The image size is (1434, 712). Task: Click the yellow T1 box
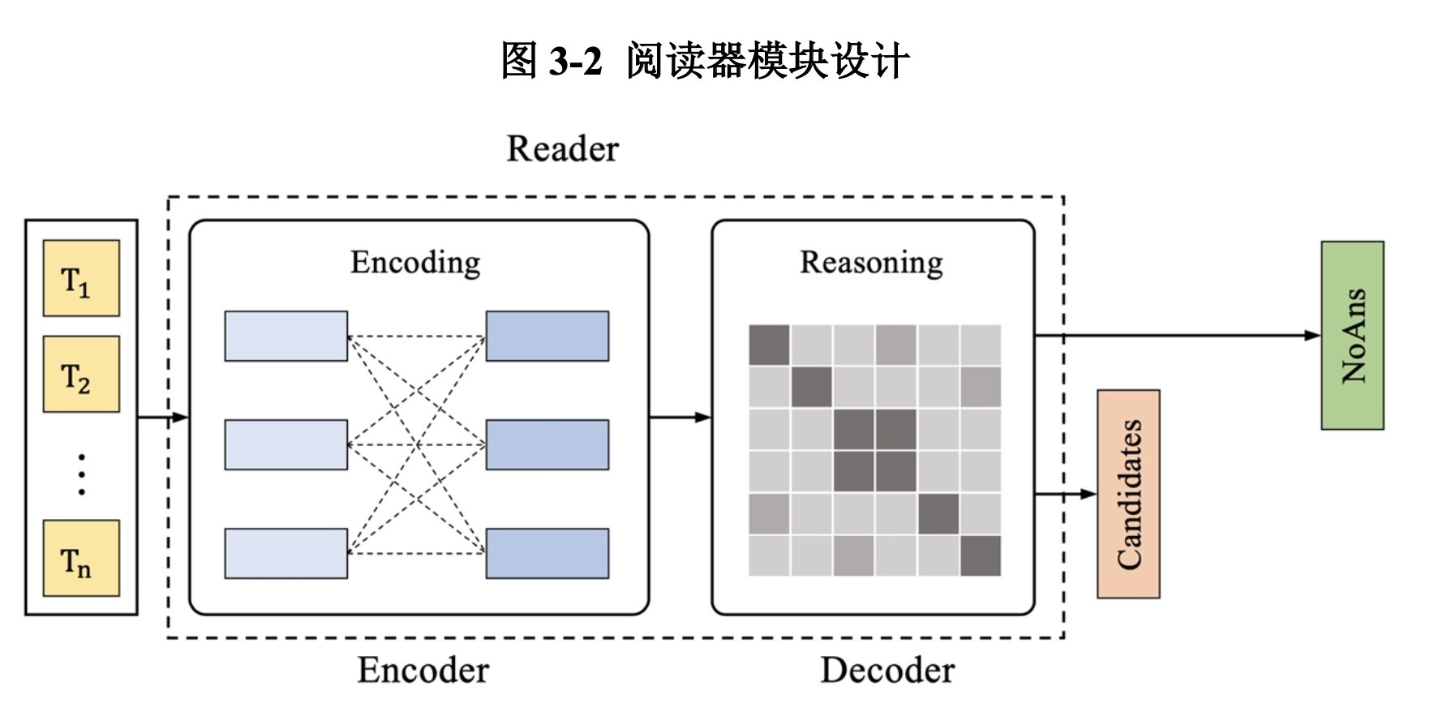tap(81, 278)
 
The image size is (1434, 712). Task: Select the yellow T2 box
tap(81, 374)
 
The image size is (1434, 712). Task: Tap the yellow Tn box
tap(81, 558)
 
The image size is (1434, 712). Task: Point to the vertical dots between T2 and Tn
tap(81, 474)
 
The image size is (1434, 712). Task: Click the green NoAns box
tap(1352, 335)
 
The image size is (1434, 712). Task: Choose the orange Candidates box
tap(1128, 494)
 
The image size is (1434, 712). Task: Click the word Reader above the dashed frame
tap(562, 149)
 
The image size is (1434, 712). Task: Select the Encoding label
tap(415, 263)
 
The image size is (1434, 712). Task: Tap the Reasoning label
tap(871, 263)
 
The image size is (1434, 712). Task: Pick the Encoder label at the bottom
tap(423, 671)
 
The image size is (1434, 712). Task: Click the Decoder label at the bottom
tap(887, 671)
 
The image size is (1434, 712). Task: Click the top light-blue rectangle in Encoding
tap(286, 336)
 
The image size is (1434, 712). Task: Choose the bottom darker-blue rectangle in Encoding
tap(547, 553)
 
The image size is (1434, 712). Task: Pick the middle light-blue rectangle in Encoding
tap(286, 444)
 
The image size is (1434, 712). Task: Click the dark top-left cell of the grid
tap(769, 345)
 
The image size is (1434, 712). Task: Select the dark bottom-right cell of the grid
tap(980, 555)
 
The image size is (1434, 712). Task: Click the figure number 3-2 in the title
tap(575, 61)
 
